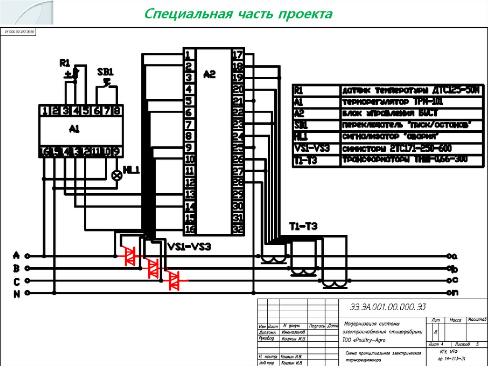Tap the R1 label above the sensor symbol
65,63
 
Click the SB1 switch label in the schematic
105,72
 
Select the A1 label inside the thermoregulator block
74,129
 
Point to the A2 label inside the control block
209,74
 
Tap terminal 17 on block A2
237,54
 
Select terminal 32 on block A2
237,229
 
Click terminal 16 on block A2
190,229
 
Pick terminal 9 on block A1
116,152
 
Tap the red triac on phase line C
174,280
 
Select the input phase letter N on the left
16,294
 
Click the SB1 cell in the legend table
300,125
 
